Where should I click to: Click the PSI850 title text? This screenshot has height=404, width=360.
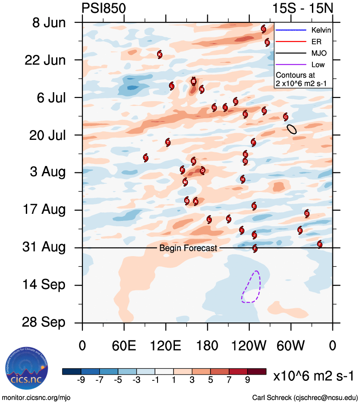[x=104, y=8]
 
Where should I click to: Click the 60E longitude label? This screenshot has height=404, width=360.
[x=124, y=346]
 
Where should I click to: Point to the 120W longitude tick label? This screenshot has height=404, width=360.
[x=249, y=346]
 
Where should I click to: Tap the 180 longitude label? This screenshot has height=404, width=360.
[x=207, y=346]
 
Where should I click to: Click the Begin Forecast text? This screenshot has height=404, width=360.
[x=188, y=248]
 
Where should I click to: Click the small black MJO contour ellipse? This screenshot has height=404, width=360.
[x=292, y=129]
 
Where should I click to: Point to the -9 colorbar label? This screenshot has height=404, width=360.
[x=81, y=380]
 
